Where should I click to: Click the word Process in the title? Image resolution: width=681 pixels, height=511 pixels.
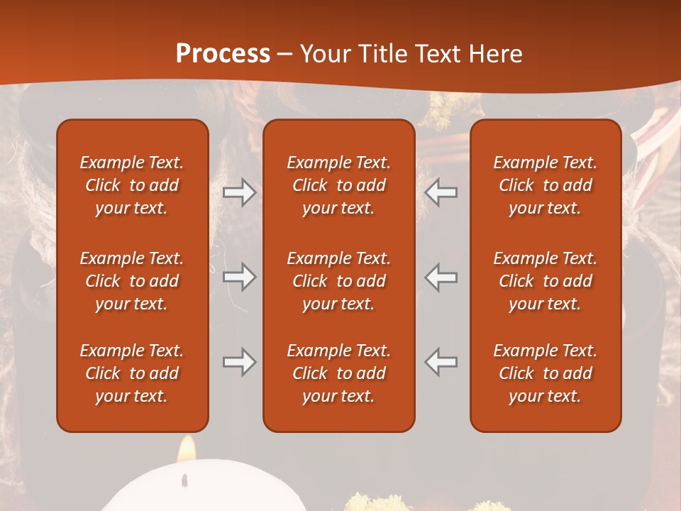click(223, 54)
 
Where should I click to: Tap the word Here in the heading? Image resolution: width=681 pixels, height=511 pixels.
click(495, 54)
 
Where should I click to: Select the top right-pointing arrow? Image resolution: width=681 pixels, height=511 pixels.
click(240, 192)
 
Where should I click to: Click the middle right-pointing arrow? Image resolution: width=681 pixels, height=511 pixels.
click(240, 277)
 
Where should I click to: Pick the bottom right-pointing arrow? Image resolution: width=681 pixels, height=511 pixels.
click(240, 362)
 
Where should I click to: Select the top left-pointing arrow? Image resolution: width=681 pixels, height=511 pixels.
click(441, 192)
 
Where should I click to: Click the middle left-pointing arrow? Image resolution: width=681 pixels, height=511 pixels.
click(441, 277)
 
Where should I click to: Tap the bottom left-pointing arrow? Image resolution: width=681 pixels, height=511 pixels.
click(441, 362)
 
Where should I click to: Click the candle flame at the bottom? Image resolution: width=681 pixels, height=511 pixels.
click(187, 449)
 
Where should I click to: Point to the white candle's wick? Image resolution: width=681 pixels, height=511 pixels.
click(186, 480)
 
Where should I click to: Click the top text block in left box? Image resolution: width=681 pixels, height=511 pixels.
click(132, 185)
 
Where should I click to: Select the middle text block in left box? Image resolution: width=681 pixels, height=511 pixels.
click(132, 281)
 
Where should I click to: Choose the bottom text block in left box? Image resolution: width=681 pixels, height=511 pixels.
click(132, 373)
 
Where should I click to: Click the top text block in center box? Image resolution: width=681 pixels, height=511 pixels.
click(339, 185)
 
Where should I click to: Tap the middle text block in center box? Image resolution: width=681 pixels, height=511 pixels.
click(339, 281)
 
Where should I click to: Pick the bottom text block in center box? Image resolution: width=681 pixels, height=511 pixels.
click(339, 373)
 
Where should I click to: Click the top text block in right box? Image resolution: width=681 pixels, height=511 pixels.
click(546, 185)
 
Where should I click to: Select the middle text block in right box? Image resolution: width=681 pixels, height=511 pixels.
click(546, 281)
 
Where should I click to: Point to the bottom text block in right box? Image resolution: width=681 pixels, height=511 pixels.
click(546, 373)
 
